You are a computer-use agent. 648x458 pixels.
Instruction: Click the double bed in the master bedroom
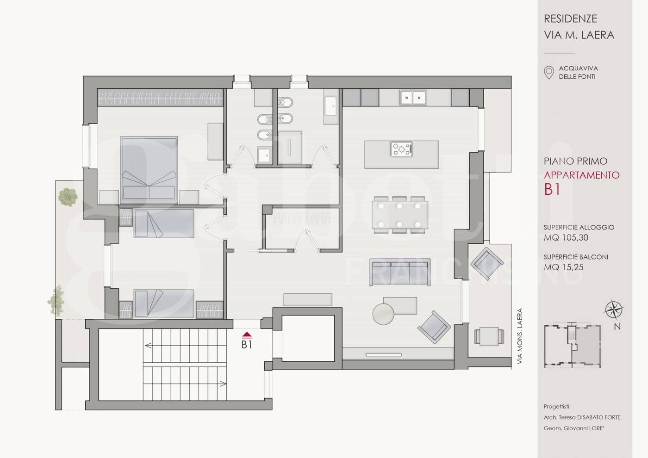click(149, 169)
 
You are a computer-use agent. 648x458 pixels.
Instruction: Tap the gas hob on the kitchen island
click(402, 149)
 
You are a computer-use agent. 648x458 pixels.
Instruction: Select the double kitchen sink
click(413, 98)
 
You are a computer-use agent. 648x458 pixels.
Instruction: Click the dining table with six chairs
click(400, 215)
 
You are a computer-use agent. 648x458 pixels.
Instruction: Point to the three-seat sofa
click(400, 272)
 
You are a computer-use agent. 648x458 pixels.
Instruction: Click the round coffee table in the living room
click(383, 314)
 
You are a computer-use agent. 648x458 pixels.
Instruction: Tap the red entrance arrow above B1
click(247, 335)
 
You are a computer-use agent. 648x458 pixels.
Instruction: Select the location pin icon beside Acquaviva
click(549, 73)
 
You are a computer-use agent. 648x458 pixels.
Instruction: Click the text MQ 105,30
click(566, 238)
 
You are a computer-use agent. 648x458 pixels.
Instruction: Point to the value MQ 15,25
click(564, 267)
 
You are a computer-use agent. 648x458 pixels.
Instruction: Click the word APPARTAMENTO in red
click(582, 175)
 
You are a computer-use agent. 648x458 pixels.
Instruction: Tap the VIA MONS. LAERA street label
click(520, 336)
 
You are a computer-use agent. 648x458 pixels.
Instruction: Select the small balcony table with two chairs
click(489, 337)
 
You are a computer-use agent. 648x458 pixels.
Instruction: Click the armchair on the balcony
click(487, 263)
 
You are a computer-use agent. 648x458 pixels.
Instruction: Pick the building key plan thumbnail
click(573, 346)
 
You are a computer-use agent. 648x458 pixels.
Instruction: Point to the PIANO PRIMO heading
click(575, 161)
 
